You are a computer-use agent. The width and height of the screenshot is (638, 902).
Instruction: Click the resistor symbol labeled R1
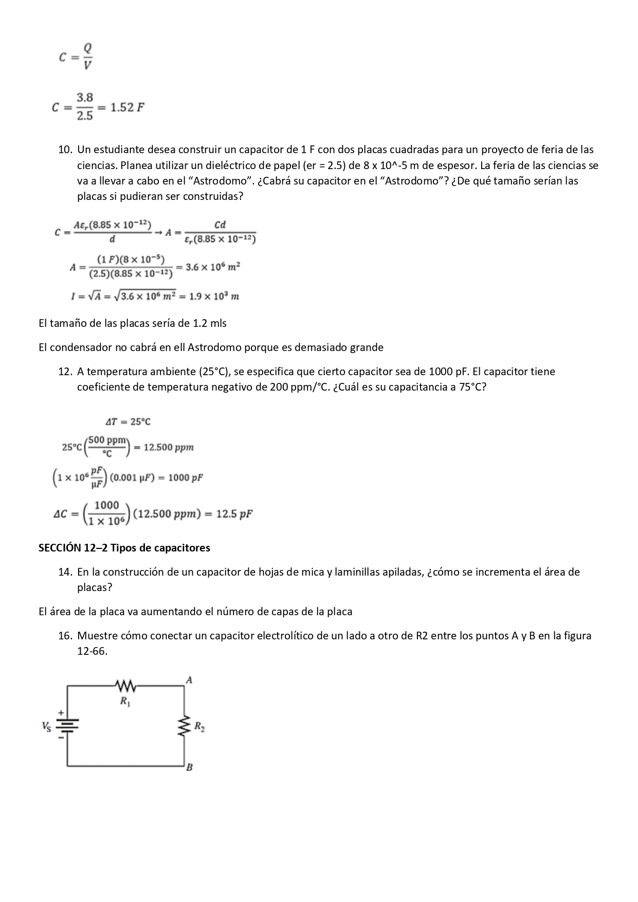(x=125, y=686)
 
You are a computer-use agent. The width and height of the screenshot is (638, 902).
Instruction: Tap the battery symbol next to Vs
(x=67, y=726)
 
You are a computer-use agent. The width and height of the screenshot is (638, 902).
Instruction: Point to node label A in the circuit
(x=189, y=679)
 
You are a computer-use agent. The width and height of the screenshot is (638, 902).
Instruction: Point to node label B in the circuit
(x=189, y=767)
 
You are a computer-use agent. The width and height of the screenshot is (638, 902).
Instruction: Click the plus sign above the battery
(x=61, y=712)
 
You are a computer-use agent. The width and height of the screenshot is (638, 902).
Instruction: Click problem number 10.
(x=65, y=150)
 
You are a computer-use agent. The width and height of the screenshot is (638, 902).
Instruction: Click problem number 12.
(x=65, y=371)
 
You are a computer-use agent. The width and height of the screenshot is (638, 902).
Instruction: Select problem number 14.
(x=65, y=572)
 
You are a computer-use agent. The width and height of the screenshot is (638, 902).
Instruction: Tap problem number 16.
(x=65, y=635)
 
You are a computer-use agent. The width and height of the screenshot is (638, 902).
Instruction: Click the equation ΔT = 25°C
(x=128, y=421)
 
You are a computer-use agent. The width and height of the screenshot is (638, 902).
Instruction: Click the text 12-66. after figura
(x=93, y=651)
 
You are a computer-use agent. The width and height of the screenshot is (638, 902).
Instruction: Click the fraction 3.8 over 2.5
(x=85, y=107)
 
